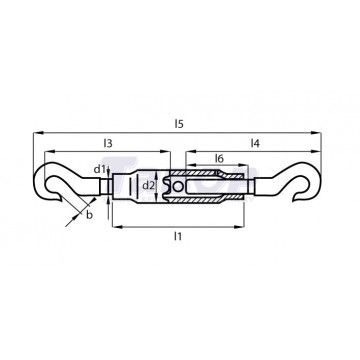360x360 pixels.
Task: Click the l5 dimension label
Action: coord(179,124)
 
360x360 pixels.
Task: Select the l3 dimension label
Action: coord(108,143)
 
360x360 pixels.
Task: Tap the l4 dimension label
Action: coord(255,143)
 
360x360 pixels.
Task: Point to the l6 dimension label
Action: coord(219,158)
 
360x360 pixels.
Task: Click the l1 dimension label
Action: coord(178,236)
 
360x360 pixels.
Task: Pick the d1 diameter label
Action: coord(99,169)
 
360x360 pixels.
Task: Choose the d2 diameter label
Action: coord(149,186)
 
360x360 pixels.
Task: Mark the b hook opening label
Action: coord(89,215)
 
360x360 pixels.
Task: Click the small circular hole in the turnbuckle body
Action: coord(178,187)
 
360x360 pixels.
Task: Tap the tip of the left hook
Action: coord(61,200)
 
